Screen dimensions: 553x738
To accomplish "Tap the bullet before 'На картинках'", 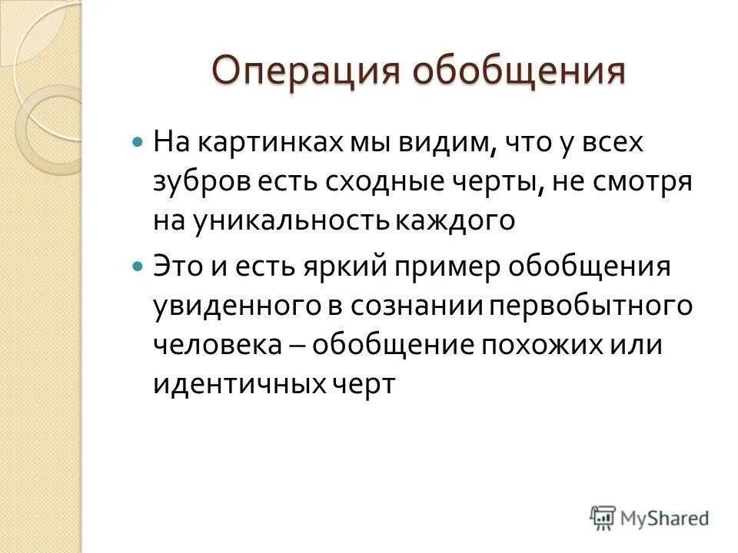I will click(x=138, y=143).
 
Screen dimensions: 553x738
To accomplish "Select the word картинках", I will click(x=262, y=143).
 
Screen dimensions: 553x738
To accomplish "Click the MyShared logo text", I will click(x=664, y=518).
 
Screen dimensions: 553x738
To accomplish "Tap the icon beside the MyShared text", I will click(x=603, y=518).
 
